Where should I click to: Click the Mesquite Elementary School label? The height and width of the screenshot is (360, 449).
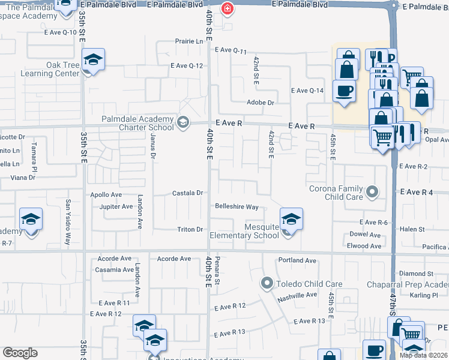pos(244,230)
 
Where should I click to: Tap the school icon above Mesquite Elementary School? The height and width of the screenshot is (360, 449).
pos(291,218)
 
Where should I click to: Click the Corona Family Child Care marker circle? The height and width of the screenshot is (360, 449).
pos(372,192)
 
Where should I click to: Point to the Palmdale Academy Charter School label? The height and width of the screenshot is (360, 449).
pos(137,123)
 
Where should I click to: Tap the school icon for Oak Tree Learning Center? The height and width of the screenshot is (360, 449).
pos(93,59)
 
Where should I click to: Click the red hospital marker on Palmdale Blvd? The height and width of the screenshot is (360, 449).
pos(228,8)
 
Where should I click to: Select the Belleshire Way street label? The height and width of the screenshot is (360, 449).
pos(237,207)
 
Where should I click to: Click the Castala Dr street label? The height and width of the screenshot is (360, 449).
pos(189,193)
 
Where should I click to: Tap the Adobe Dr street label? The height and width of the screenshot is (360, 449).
pos(261,103)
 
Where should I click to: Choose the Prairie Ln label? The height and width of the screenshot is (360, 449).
pos(189,41)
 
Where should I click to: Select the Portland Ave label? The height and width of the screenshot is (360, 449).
pos(297,260)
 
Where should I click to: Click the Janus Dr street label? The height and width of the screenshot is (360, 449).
pos(153,147)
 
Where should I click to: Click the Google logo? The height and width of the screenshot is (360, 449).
pos(20,353)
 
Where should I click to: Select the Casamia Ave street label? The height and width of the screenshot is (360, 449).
pos(113,270)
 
